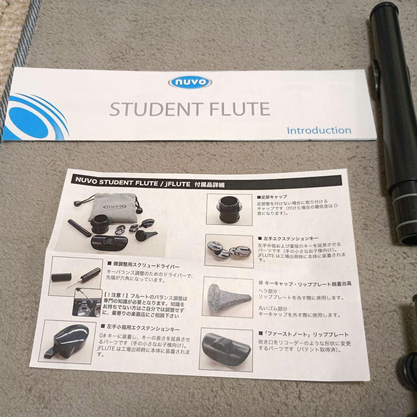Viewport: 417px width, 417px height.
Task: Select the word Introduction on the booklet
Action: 319,130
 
